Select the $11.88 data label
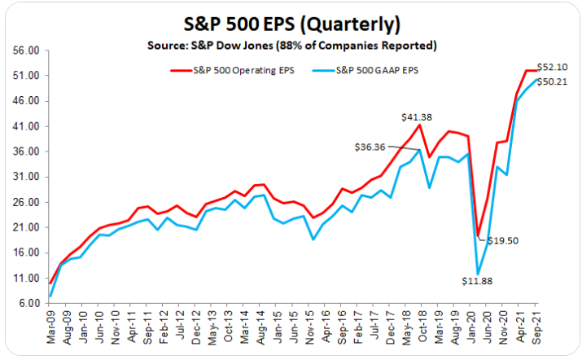[x=479, y=280]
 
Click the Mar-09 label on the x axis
[x=50, y=327]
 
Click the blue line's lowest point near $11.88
[x=479, y=274]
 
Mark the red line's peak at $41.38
[x=420, y=125]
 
